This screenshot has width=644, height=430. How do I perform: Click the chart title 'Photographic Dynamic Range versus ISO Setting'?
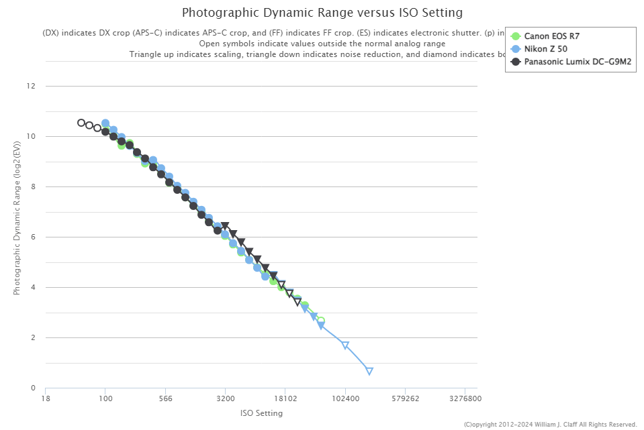pos(322,13)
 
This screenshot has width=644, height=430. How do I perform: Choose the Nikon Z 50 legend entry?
pos(547,49)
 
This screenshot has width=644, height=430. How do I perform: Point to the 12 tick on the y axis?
pos(31,86)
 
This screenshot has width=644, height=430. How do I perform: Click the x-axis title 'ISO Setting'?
pos(261,413)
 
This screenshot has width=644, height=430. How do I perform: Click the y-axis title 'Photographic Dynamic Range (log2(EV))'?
pos(17,237)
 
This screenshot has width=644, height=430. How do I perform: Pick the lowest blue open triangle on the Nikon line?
pos(369,371)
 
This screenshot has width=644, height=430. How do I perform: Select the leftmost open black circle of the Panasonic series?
pos(81,123)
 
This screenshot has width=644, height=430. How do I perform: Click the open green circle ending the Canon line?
pos(321,321)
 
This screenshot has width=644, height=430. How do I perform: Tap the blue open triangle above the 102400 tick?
pos(345,345)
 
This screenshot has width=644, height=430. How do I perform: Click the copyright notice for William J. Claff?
pos(550,424)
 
